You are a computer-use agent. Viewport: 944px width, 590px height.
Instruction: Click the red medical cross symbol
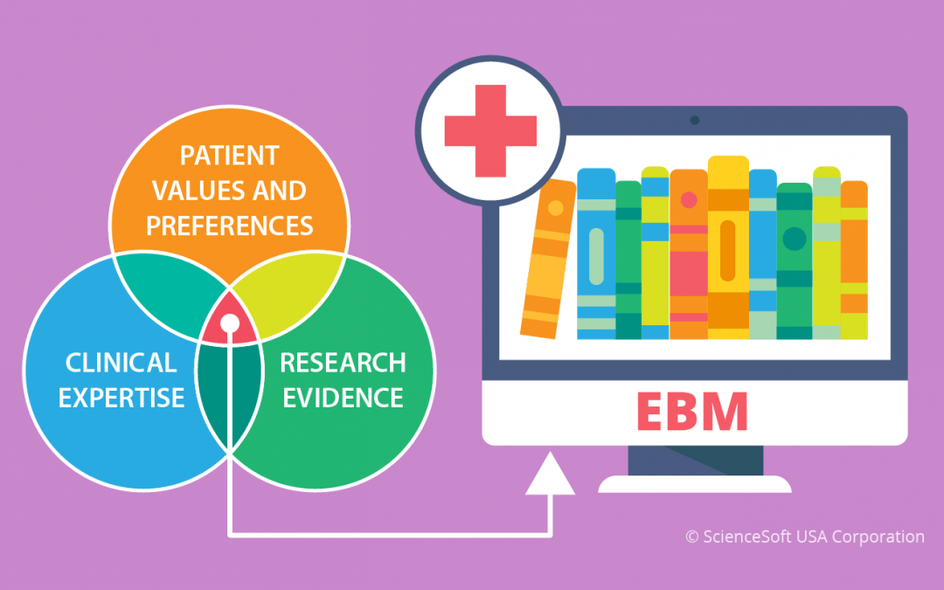(490, 130)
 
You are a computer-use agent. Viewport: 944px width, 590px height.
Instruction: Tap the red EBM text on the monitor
(691, 412)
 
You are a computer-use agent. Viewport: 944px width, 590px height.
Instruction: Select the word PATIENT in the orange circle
(229, 156)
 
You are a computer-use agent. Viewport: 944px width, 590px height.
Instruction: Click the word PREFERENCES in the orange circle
(229, 226)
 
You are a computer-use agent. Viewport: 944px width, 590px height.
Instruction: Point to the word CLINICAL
(121, 363)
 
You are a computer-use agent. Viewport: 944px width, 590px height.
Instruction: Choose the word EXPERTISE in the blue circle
(121, 398)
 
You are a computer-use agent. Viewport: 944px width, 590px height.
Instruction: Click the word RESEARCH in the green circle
(344, 363)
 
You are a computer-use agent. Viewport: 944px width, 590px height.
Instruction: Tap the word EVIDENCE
(344, 398)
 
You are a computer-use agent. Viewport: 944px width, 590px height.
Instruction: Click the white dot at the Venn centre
(229, 323)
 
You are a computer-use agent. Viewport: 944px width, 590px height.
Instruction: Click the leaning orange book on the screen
(548, 259)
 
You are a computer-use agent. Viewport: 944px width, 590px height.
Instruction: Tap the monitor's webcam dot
(694, 121)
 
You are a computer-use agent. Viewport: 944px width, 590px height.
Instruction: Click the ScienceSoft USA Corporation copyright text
(805, 537)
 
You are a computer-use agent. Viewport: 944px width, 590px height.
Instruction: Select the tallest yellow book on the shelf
(728, 246)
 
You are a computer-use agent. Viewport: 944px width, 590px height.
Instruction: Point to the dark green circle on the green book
(794, 239)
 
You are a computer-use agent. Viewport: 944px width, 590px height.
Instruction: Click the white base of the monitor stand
(695, 484)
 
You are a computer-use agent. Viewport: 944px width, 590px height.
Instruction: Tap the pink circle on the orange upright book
(689, 200)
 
